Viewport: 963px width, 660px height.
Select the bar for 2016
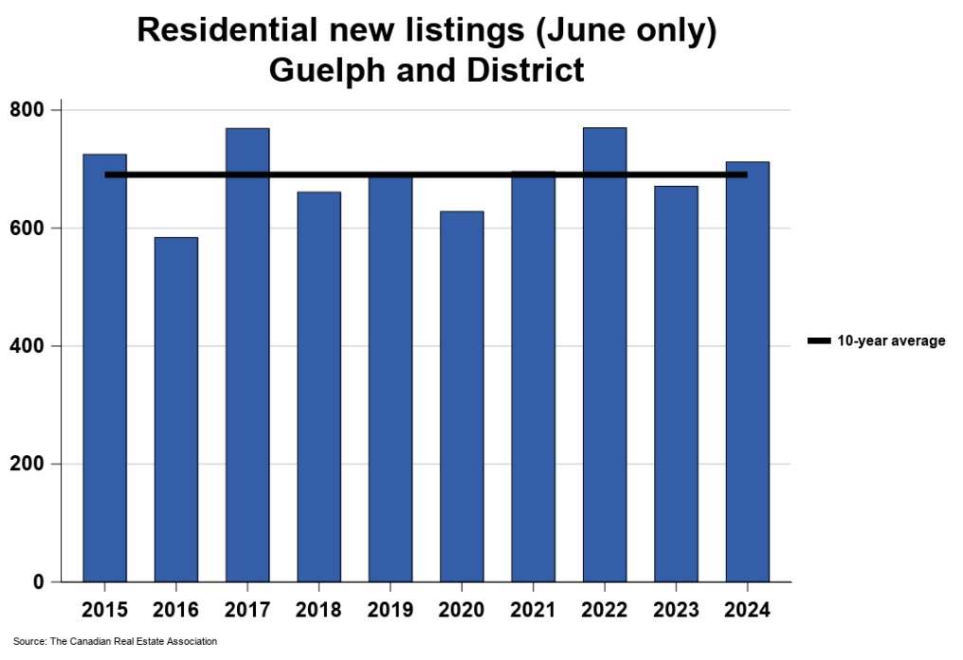175,409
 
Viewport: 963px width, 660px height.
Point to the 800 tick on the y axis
34,110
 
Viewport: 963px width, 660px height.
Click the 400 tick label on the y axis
34,346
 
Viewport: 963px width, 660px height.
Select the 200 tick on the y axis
34,465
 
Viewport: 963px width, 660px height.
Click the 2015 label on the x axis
104,609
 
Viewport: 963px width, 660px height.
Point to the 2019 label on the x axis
390,609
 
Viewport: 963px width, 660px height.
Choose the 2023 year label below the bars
676,609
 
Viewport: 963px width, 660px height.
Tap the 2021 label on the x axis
533,609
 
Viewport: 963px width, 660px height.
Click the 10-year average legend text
891,341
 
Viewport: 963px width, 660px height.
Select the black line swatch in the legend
818,341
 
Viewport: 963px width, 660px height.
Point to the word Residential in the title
233,30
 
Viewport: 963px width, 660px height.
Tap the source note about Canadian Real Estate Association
115,642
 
